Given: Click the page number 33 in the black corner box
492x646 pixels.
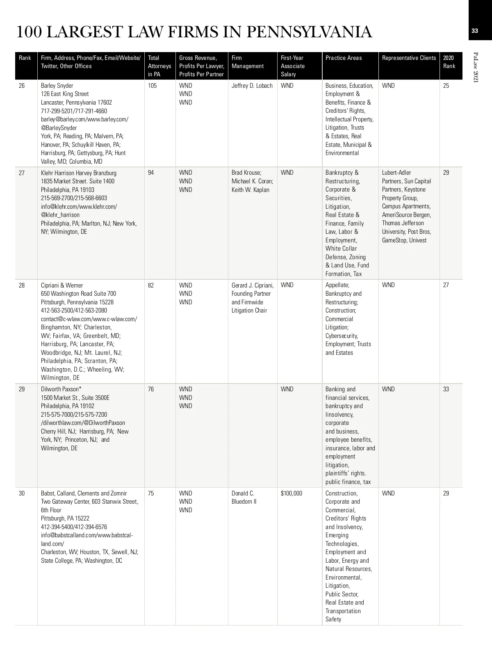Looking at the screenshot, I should pos(475,31).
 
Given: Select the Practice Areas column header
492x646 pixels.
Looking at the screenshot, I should pos(344,58).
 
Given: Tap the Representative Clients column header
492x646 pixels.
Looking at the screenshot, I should pos(409,58).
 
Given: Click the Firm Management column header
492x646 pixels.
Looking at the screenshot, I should pos(248,62).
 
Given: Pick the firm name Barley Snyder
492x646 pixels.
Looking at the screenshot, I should pos(57,86).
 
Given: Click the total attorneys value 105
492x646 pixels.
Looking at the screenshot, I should pos(152,86).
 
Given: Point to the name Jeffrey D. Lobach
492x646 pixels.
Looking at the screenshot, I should pos(252,86).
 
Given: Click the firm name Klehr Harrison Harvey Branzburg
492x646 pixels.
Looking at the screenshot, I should pos(79,173).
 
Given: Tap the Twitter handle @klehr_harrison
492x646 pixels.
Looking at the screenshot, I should pos(60,215).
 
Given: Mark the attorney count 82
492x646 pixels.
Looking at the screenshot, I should pos(151,285).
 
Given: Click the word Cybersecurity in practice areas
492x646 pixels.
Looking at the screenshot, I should pos(342,336).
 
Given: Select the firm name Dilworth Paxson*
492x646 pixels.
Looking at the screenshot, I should pos(61,389).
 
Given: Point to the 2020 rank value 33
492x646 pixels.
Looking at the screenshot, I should pos(446,389).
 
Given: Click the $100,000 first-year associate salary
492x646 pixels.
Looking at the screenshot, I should pos(292,493).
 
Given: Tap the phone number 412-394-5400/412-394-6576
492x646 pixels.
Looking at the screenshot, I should pos(74,527).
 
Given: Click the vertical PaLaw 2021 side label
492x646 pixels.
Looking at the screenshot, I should pos(476,68).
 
